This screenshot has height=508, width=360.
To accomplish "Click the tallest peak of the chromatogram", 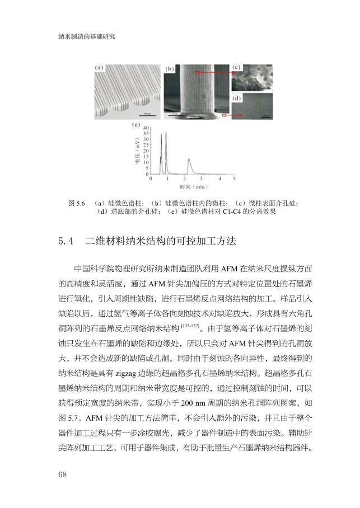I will [x=166, y=133].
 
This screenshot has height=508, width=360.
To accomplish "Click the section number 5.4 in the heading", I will [x=66, y=242].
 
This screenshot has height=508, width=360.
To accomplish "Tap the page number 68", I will [x=62, y=474].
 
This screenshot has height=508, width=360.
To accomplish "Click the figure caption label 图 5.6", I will [x=76, y=203].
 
